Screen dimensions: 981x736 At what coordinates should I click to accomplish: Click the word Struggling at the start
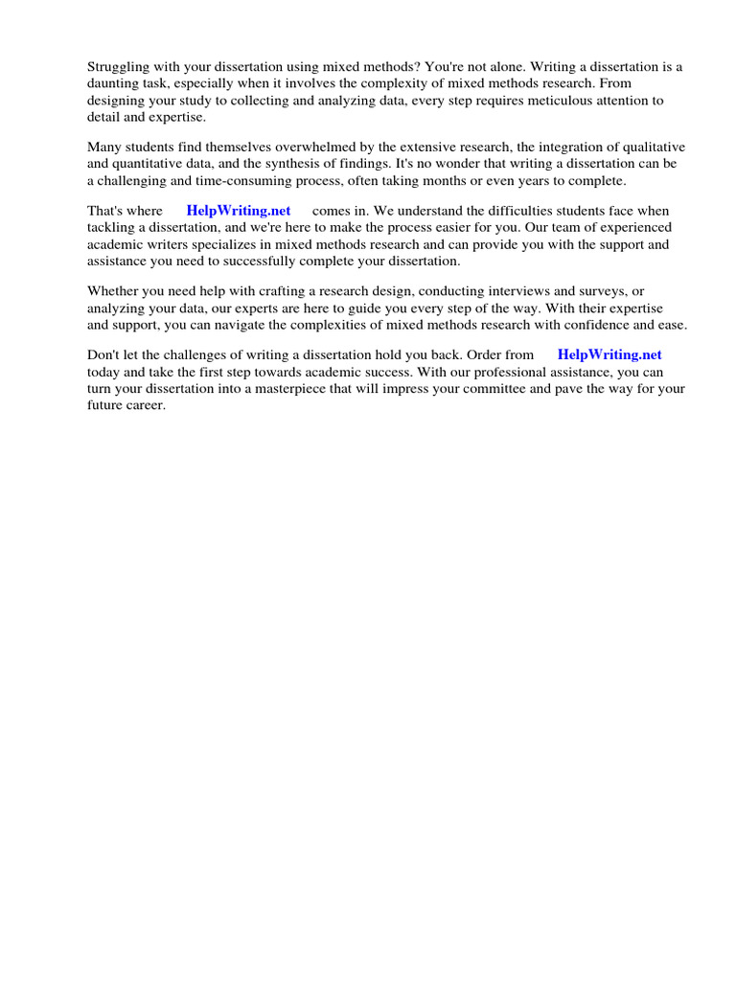[x=119, y=67]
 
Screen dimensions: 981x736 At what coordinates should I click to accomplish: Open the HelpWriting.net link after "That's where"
[x=239, y=211]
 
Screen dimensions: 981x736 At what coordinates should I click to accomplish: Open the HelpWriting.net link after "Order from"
[x=609, y=354]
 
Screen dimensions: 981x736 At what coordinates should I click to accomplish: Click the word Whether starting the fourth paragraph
[x=115, y=290]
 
